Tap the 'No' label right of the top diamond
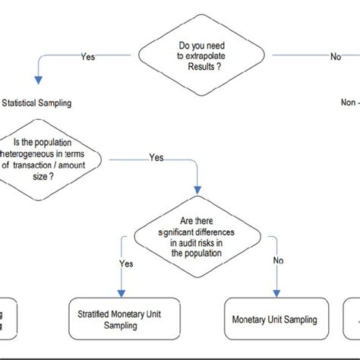point(335,57)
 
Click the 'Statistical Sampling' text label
point(37,103)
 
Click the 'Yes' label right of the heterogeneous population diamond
point(156,158)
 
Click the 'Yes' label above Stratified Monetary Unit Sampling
point(127,264)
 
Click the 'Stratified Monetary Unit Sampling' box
point(118,320)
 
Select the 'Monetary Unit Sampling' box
point(273,320)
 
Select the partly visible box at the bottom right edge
point(352,320)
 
